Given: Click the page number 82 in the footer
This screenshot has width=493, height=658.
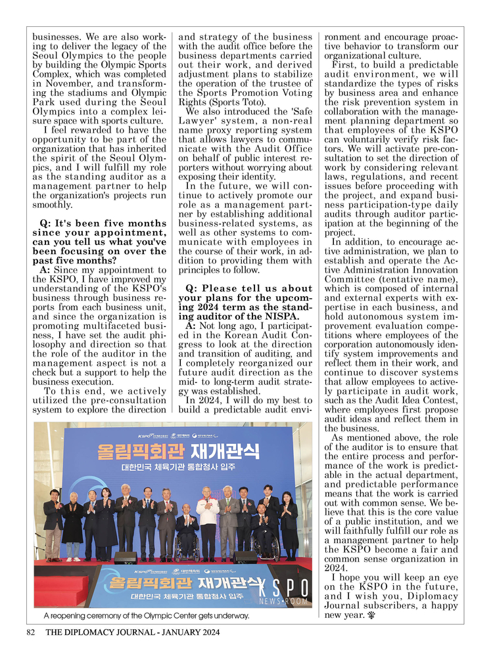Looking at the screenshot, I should coord(30,632).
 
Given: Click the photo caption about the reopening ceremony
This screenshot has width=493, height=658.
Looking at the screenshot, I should coord(147,616).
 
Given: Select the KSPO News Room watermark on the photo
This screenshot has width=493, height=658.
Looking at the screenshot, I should coord(283,592).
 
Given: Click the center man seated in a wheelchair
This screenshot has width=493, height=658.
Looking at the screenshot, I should coord(187,532).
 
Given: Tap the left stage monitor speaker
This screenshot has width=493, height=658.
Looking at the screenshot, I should coord(126,558).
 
